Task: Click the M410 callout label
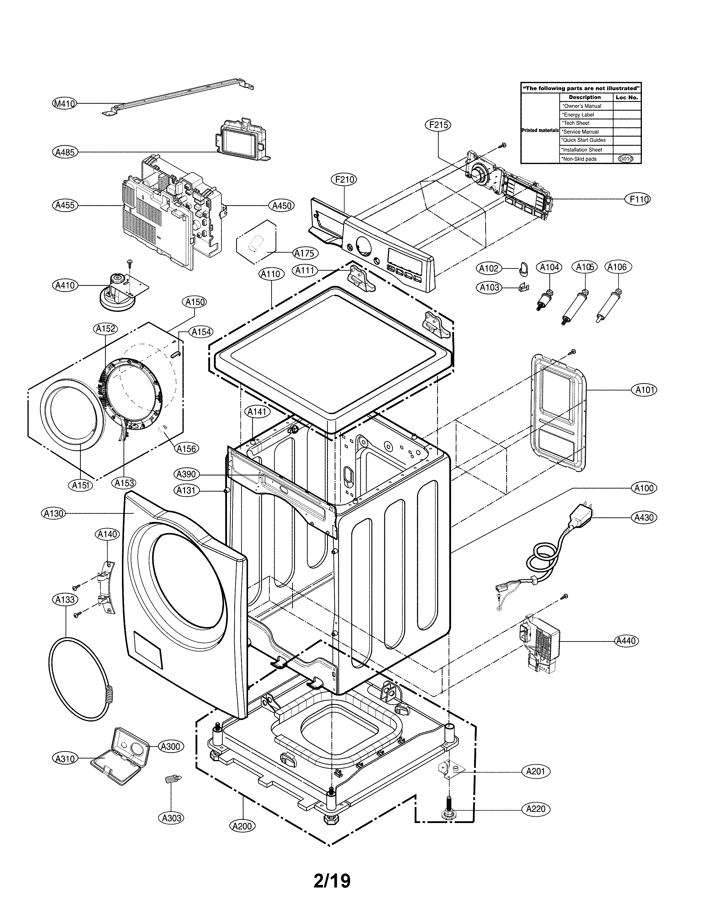(x=64, y=103)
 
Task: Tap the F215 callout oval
(x=438, y=125)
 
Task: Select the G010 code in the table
(x=626, y=159)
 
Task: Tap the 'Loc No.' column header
(x=626, y=97)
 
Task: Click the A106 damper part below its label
(x=608, y=308)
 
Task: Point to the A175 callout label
(x=305, y=253)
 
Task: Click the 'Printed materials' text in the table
(x=540, y=130)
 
